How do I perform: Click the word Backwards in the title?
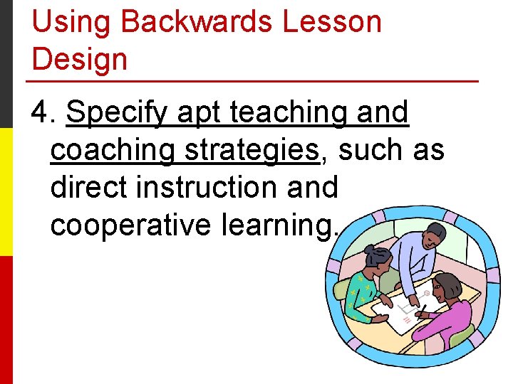(x=197, y=22)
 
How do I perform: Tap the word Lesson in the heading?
(x=333, y=22)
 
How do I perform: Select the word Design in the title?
(x=80, y=59)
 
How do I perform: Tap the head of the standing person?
(x=432, y=234)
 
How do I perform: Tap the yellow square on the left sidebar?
(x=6, y=192)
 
